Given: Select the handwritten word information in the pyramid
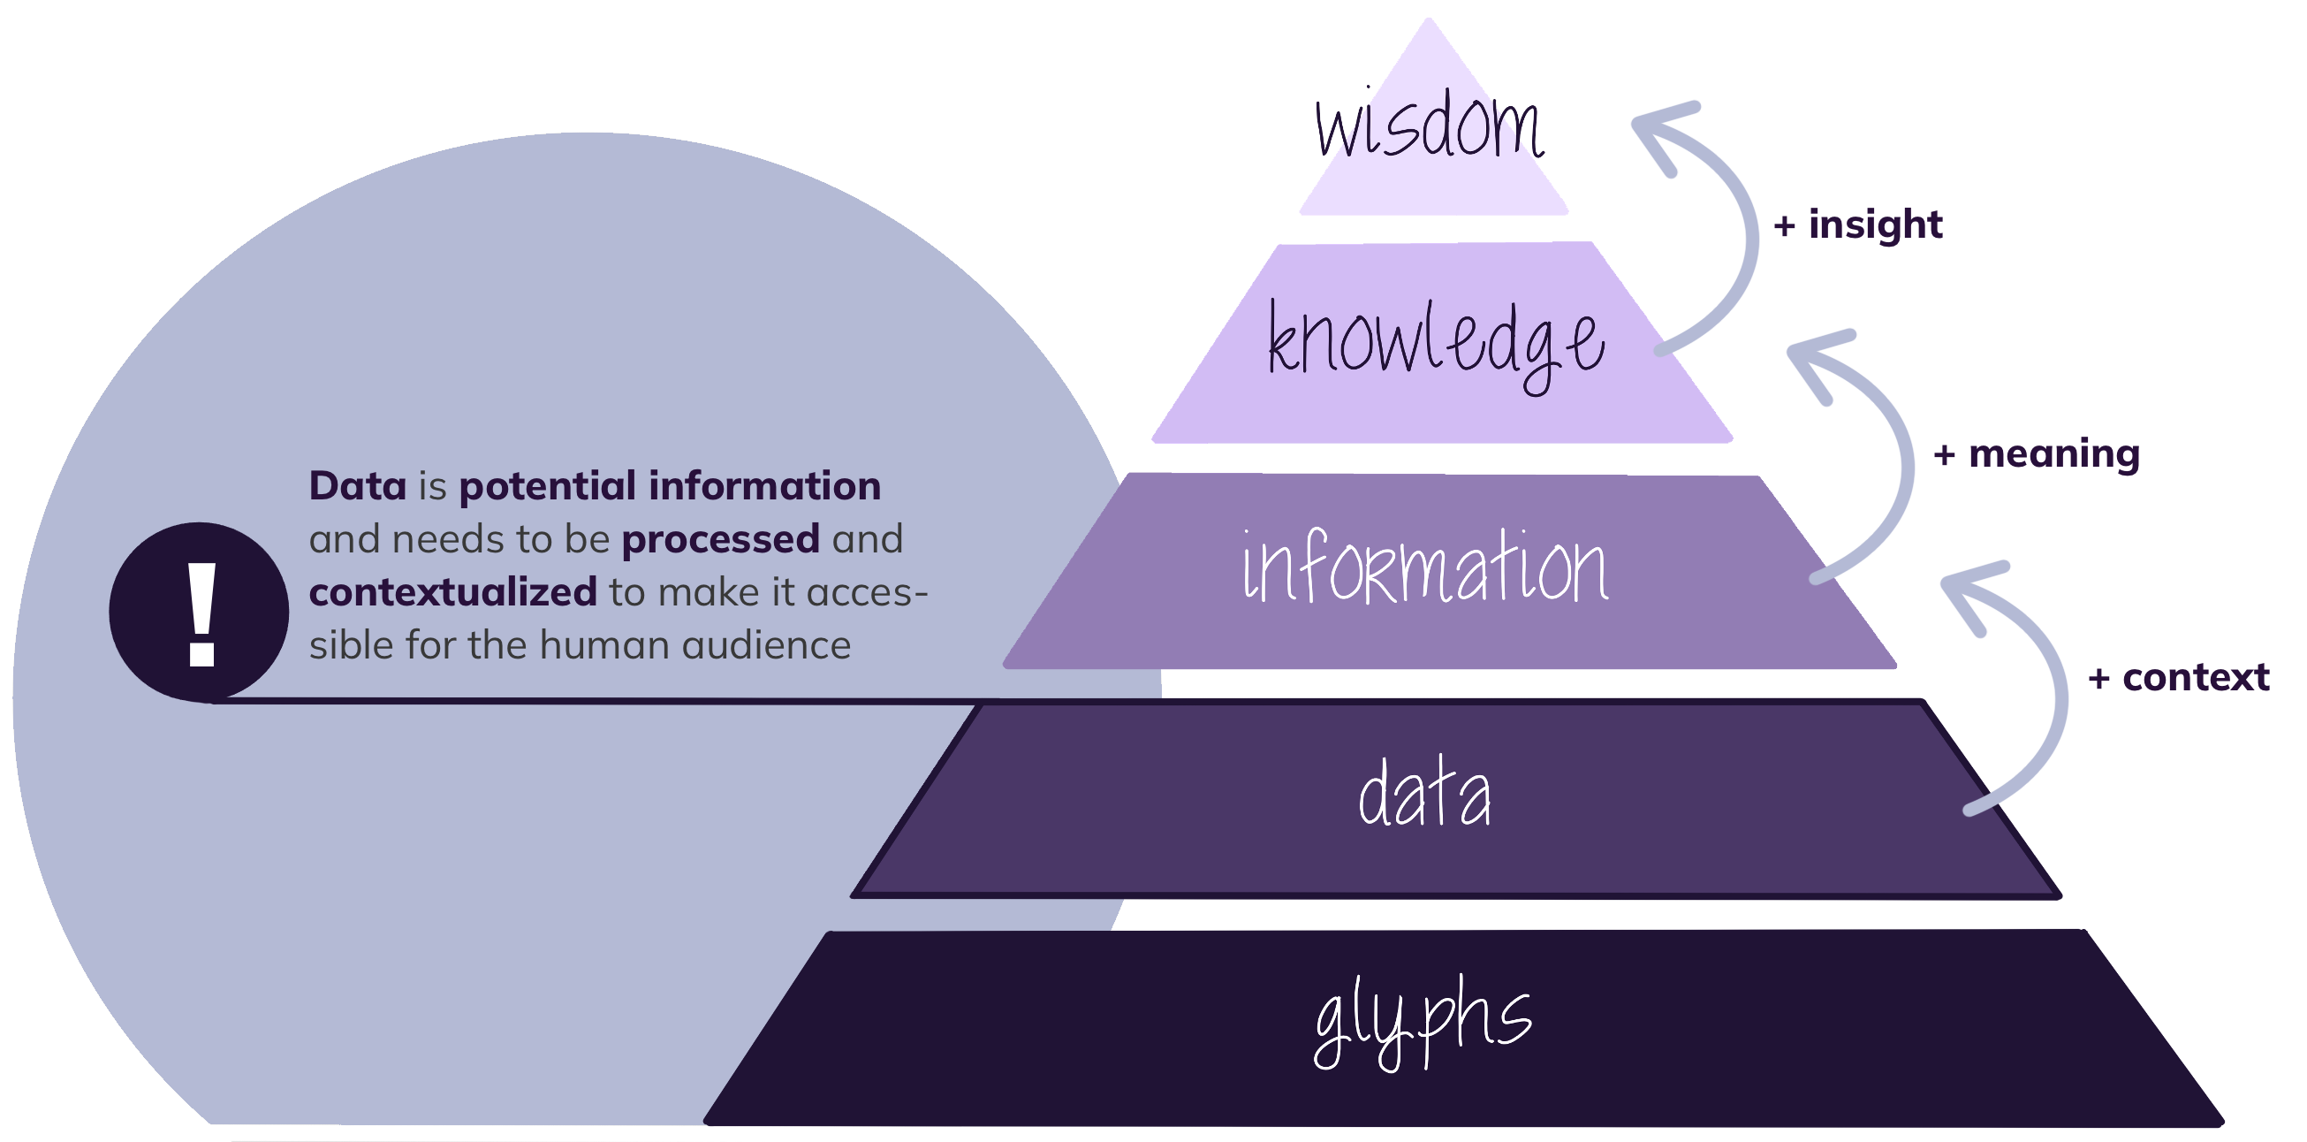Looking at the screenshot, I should coord(1425,567).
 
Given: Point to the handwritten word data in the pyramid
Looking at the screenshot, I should coord(1424,795).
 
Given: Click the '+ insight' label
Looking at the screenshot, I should coord(1859,225).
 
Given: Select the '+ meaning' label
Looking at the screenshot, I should coord(2037,455).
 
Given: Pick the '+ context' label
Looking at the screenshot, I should coord(2178,678).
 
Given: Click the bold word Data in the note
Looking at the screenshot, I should coord(357,486).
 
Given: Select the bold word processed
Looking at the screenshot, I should coord(720,539).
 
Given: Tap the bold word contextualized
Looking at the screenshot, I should coord(452,593).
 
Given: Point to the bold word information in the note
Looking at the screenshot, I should coord(765,486).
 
